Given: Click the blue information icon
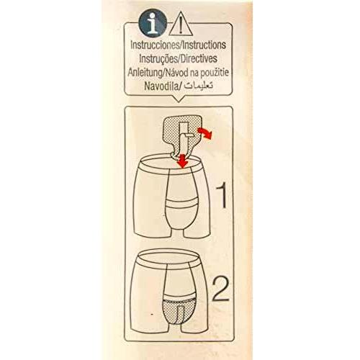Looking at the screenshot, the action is [x=153, y=23].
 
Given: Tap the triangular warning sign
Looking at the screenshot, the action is [x=181, y=25].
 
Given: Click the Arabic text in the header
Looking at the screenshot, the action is [x=198, y=86].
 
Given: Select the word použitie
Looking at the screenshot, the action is [x=213, y=73].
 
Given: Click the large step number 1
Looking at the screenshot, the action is [x=222, y=195].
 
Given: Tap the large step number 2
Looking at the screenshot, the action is [x=221, y=289].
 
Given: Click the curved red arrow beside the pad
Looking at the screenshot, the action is [x=204, y=132].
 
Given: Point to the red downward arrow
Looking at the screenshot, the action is [x=183, y=161].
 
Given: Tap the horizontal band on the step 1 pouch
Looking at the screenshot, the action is [x=182, y=204].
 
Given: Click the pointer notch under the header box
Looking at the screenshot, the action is [x=179, y=99].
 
